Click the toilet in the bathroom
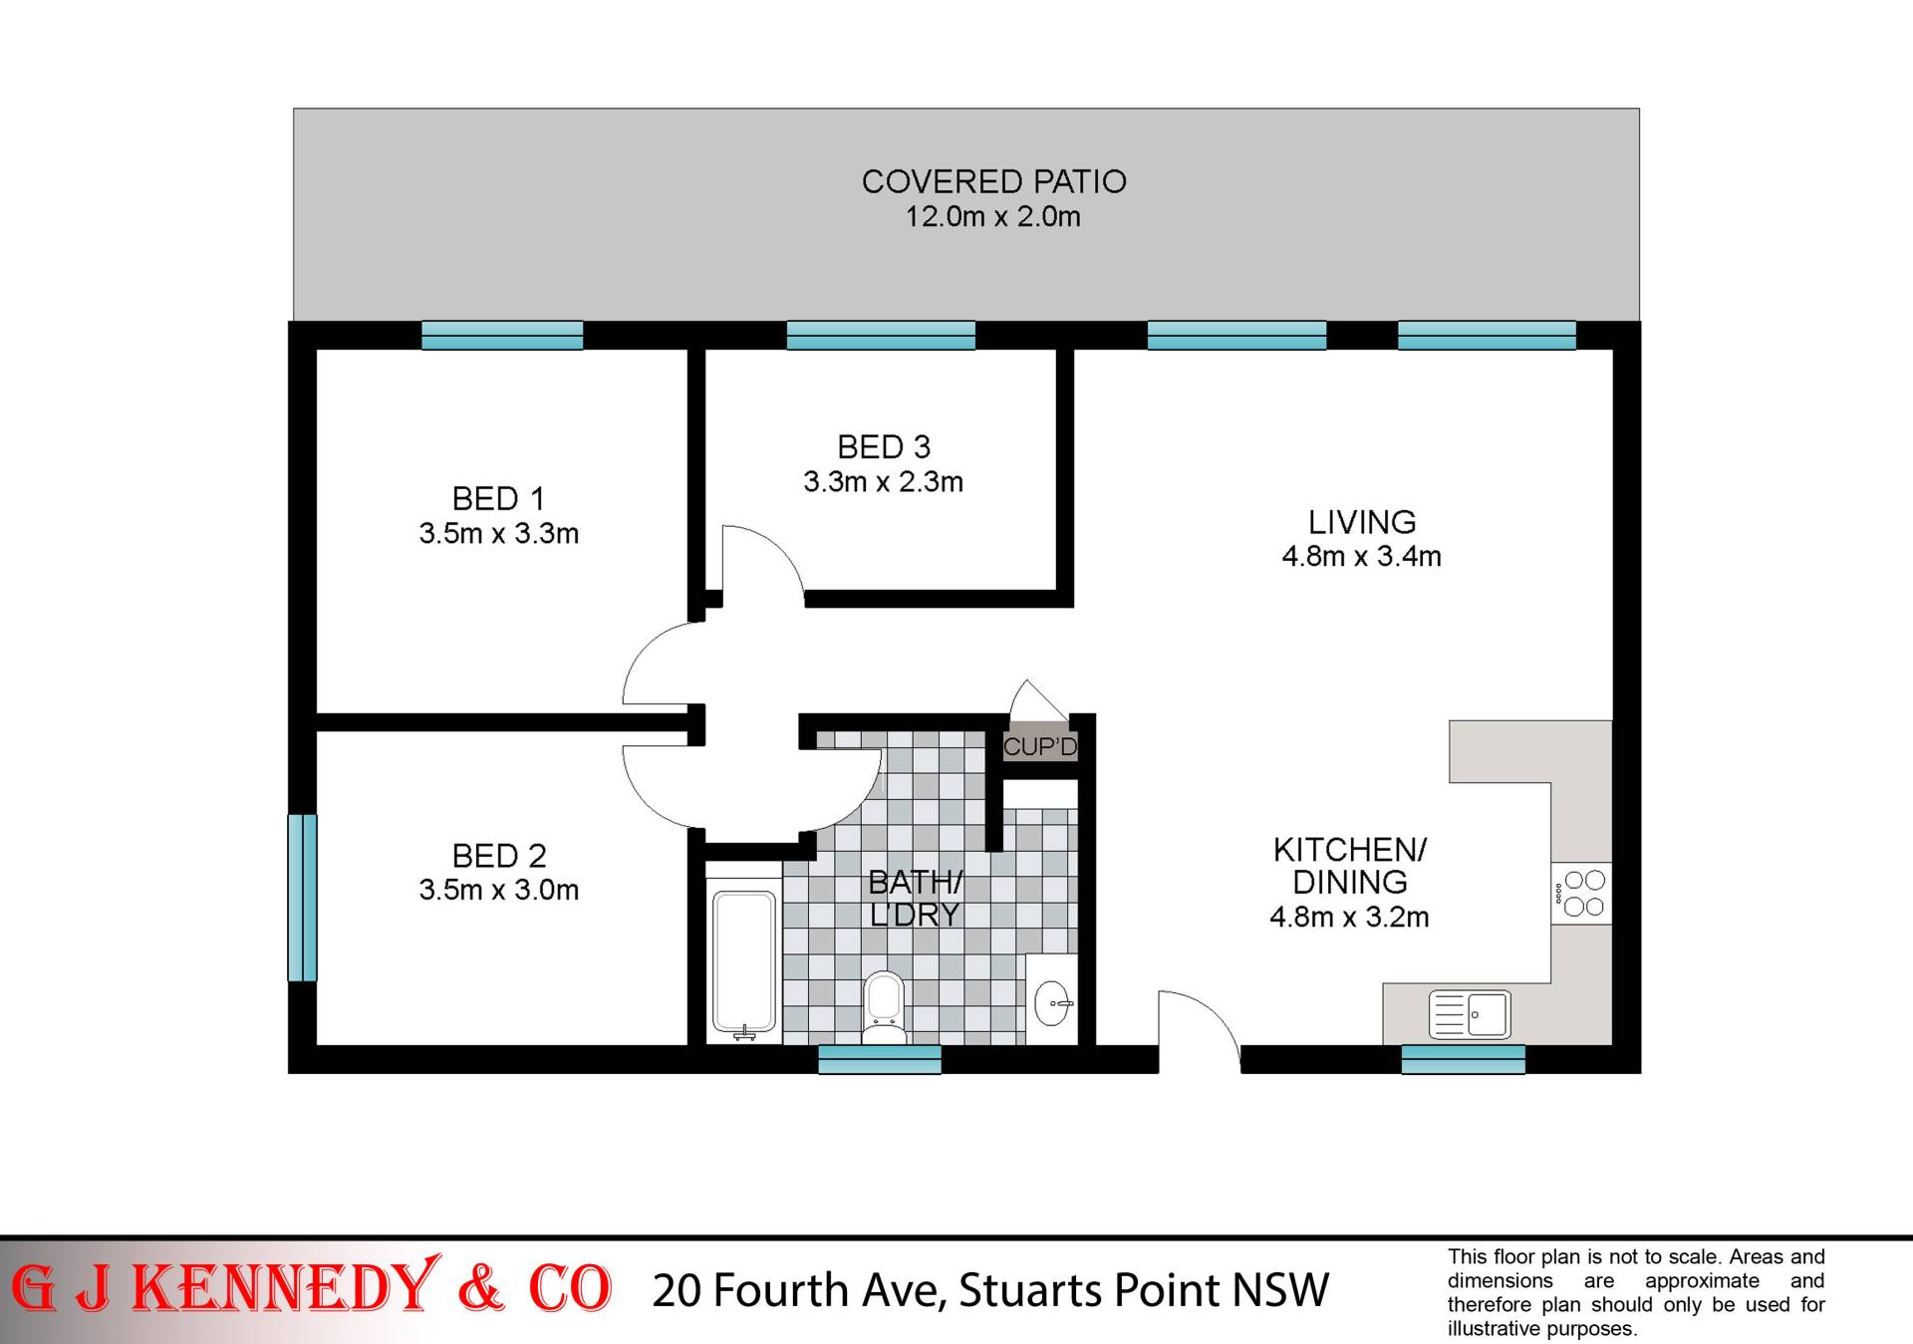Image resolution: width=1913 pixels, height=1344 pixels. (883, 1006)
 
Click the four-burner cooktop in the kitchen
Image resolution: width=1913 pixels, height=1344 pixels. (1582, 893)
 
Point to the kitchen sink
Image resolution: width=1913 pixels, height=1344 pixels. (1470, 1015)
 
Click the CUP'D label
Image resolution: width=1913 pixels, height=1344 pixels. (1040, 746)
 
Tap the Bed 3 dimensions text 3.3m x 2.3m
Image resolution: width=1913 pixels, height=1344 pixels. (883, 482)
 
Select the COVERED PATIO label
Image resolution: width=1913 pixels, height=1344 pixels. (993, 181)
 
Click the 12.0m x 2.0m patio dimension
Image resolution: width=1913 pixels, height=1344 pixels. (992, 216)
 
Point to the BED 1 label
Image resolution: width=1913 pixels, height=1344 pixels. (498, 498)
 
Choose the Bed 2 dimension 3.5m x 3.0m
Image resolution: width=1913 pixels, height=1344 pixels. (498, 890)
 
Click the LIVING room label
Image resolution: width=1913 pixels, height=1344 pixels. (1362, 522)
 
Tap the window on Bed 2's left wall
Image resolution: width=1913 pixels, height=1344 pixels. (303, 898)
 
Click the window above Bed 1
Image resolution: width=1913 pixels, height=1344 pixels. (502, 335)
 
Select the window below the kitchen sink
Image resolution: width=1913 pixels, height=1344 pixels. (1463, 1059)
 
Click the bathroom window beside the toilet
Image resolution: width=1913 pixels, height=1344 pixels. (880, 1059)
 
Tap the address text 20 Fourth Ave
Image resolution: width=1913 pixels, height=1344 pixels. (797, 1290)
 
